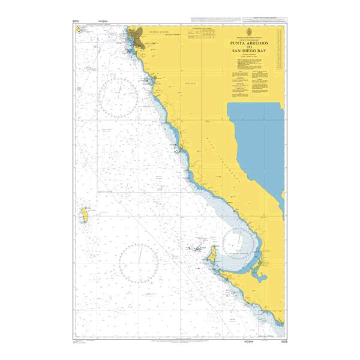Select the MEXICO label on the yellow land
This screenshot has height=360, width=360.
point(189,83)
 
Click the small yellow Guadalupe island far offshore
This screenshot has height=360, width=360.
point(85,215)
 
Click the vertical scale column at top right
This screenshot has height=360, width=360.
point(279,48)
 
